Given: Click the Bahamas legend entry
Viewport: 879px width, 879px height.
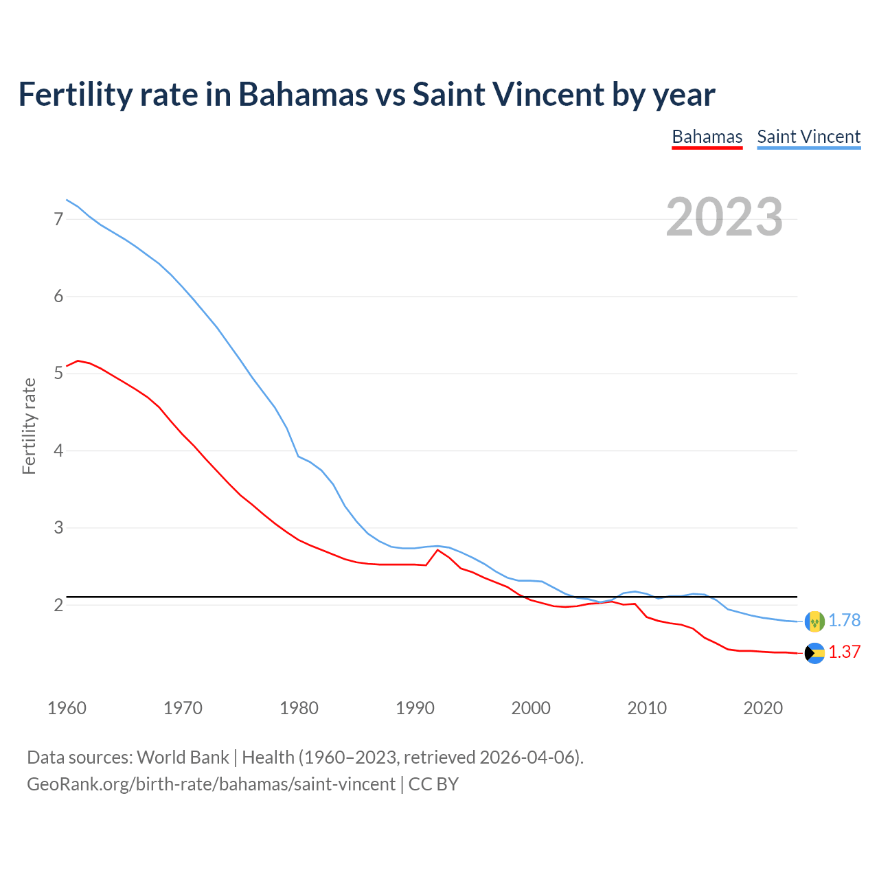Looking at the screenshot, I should coord(707,137).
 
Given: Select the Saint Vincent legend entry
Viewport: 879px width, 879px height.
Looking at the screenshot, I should coord(808,137).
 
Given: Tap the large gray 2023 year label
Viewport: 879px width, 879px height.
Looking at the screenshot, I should coord(724,217).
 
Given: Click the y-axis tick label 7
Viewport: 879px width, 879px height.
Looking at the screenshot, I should coord(58,219).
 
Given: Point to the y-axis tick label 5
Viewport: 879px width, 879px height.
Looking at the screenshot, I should coord(58,374).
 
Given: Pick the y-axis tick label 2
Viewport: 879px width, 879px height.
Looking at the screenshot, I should coord(58,605).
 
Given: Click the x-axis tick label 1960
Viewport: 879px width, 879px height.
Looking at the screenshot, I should coord(67,708).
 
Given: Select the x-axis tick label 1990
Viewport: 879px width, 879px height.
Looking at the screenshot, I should coord(415,708).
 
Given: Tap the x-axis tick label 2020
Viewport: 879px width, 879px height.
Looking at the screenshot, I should coord(763,708).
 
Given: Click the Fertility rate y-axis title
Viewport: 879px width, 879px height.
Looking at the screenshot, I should coord(29,426).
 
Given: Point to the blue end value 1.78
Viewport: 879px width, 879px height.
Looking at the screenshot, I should coord(844,621).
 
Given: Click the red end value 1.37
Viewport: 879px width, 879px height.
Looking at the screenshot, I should coord(844,652).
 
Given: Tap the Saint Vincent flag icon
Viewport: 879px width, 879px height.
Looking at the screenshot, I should coord(814,621).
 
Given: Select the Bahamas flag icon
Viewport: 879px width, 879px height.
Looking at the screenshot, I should coord(814,653).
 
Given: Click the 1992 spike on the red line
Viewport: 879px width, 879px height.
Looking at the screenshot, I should coord(438,550).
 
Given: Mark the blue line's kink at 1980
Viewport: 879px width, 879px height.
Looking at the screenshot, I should coord(298,456).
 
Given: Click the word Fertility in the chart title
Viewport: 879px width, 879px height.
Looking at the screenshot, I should coord(73,94).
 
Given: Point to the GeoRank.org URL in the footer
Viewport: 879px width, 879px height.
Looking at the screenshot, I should coord(211,784).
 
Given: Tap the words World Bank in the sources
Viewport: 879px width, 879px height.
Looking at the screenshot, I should coord(183,757).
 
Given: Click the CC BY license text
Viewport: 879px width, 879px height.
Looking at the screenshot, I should coord(433,784).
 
